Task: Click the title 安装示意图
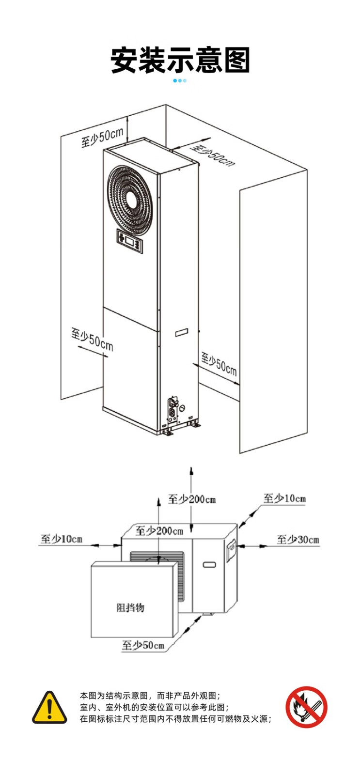[180, 60]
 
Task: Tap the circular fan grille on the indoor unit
[132, 200]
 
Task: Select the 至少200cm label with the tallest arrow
[192, 498]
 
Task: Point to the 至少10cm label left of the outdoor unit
[61, 539]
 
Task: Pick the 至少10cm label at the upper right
[284, 498]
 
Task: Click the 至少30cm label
[298, 539]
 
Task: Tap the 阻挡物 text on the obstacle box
[131, 607]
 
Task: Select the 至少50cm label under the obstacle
[143, 645]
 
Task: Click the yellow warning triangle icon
[49, 708]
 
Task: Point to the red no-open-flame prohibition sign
[306, 707]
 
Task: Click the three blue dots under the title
[180, 80]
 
